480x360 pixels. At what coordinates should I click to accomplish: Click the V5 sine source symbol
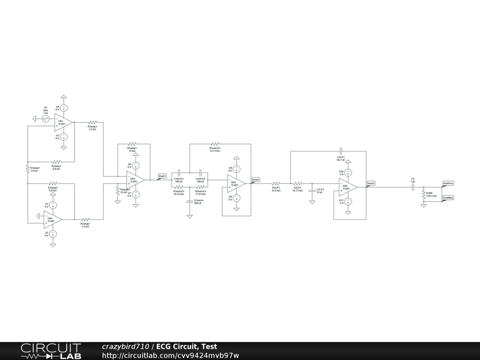coord(46,119)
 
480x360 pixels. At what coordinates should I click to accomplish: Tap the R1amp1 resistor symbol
coord(28,169)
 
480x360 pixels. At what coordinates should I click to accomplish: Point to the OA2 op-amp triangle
coord(52,219)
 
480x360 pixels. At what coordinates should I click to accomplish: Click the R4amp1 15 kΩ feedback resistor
coord(132,144)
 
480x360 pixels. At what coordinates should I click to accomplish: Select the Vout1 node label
coord(162,176)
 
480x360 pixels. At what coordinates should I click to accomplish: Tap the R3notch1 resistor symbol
coord(215,144)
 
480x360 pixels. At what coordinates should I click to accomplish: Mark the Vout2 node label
coord(256,180)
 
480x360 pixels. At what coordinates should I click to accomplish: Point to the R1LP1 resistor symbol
coord(276,183)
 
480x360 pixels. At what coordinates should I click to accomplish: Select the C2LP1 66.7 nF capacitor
coord(341,151)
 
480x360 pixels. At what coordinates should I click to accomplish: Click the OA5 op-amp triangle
coord(348,187)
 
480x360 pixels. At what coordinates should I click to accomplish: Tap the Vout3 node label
coord(371,183)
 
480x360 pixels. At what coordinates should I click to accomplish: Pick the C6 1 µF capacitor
coord(412,187)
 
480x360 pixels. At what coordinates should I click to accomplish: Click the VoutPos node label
coord(448,183)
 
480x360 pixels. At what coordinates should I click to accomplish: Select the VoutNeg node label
coord(448,198)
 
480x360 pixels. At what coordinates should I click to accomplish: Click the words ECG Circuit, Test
coord(187,346)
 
